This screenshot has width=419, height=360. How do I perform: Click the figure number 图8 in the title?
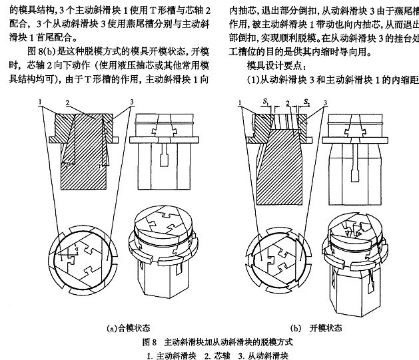pos(149,341)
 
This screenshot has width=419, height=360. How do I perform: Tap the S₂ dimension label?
pos(307,101)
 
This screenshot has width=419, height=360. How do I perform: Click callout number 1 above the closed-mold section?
pos(40,100)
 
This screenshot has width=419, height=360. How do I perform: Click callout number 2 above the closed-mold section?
pos(68,100)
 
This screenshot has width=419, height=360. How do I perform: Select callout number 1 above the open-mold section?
pos(238,101)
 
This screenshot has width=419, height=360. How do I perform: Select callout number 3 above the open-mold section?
pos(324,101)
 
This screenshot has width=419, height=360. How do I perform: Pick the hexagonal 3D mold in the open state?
pos(356,266)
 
